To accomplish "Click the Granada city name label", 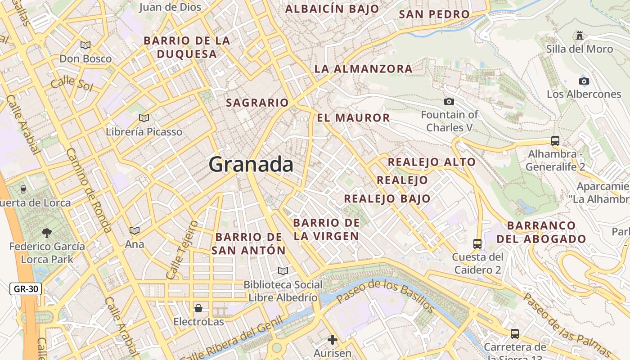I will (251, 164).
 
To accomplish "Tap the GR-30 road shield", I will (26, 289).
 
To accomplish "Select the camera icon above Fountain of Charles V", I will (449, 102).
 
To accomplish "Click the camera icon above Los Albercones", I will (584, 81).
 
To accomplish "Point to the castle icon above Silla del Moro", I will (579, 35).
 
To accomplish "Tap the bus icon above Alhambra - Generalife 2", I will (555, 140).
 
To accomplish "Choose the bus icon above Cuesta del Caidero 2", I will (477, 244).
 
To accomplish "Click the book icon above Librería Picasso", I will (144, 118).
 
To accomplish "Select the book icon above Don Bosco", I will (85, 45).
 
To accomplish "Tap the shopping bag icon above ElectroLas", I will (198, 308).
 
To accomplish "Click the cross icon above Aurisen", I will (333, 340).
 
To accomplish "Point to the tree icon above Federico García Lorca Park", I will (46, 233).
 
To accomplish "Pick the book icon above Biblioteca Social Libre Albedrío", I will (283, 271).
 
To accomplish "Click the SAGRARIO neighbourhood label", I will (257, 103).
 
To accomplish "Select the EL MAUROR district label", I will (353, 118).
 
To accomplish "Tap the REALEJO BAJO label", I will (387, 198).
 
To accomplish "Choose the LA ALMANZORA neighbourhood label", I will (363, 69).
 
